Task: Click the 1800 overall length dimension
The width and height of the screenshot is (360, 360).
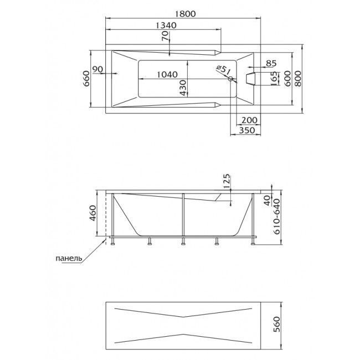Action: click(186, 14)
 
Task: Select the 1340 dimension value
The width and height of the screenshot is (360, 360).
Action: click(166, 25)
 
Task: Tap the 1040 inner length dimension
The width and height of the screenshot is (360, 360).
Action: click(167, 74)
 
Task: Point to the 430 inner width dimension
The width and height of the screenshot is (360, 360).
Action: click(183, 88)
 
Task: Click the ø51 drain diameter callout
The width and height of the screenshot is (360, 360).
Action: click(223, 70)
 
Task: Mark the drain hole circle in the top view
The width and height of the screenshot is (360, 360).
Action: click(230, 79)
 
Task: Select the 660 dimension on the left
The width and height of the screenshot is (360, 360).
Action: click(86, 79)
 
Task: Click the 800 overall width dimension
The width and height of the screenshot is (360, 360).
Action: click(297, 79)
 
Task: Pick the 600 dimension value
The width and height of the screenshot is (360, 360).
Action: click(287, 79)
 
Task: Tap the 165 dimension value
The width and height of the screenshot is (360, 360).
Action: click(274, 79)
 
